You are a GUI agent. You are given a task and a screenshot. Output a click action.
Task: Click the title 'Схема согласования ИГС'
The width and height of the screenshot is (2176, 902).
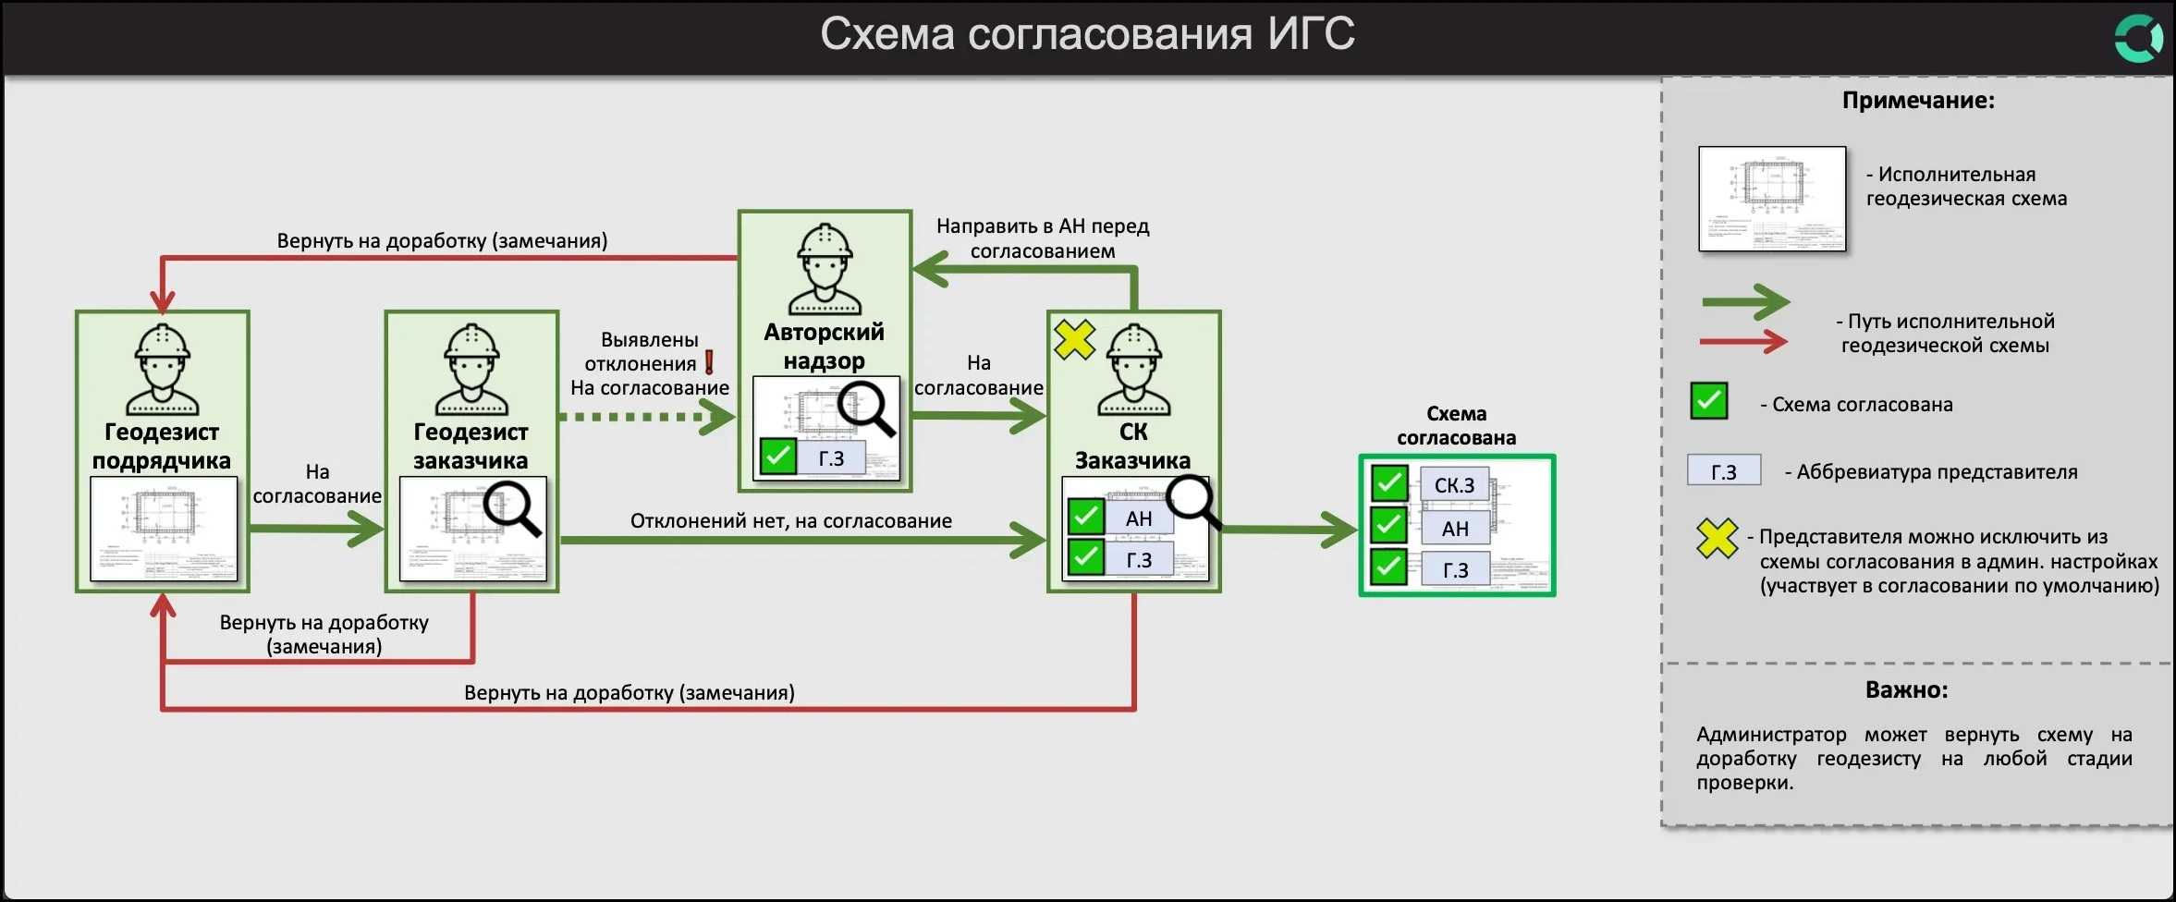click(x=1087, y=35)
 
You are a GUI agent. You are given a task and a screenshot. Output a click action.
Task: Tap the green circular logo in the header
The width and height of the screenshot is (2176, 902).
click(x=2138, y=39)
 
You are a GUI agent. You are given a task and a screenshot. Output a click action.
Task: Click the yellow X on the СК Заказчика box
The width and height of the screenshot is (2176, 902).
click(x=1074, y=339)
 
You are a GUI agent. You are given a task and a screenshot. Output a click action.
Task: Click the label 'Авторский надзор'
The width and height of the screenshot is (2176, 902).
click(x=824, y=346)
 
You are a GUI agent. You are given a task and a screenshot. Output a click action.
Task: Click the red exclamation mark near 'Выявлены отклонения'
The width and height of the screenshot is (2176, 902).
click(x=709, y=362)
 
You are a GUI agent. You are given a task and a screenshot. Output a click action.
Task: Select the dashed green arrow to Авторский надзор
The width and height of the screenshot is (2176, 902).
click(x=647, y=417)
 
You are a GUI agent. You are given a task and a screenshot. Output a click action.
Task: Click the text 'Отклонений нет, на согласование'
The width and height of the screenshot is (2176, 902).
click(x=790, y=520)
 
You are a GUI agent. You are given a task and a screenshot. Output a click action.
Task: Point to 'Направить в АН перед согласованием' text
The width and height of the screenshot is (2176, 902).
click(x=1042, y=238)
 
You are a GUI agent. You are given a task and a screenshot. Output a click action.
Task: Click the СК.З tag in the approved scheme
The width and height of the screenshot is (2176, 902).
click(x=1454, y=485)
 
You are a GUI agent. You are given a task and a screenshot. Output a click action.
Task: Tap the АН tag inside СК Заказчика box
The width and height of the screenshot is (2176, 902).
click(x=1139, y=518)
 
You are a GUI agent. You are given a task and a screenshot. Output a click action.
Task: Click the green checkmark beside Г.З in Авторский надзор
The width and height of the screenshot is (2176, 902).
click(x=777, y=456)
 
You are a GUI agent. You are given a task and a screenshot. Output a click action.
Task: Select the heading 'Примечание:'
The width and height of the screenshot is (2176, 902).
click(x=1918, y=101)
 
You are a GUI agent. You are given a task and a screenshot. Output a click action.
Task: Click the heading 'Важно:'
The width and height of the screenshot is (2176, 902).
click(x=1906, y=689)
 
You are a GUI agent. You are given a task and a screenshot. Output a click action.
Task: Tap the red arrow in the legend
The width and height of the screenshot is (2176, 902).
click(x=1743, y=342)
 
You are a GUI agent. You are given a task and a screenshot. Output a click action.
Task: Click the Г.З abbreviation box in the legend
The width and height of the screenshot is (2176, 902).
click(x=1723, y=471)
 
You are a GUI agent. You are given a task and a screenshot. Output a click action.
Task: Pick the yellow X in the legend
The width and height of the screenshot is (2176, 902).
click(x=1717, y=538)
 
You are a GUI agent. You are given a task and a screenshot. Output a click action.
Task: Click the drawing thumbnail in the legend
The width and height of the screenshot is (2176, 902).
click(x=1771, y=199)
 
